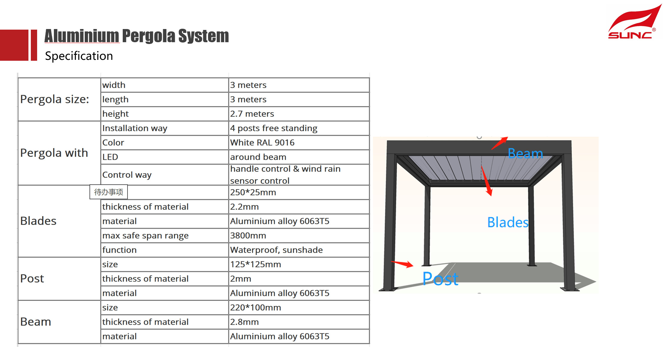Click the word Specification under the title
coord(79,56)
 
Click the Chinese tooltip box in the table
coord(109,192)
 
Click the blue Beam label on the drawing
coord(525,154)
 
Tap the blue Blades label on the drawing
coord(508,222)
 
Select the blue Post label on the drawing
coord(440,279)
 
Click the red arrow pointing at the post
coord(403,264)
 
